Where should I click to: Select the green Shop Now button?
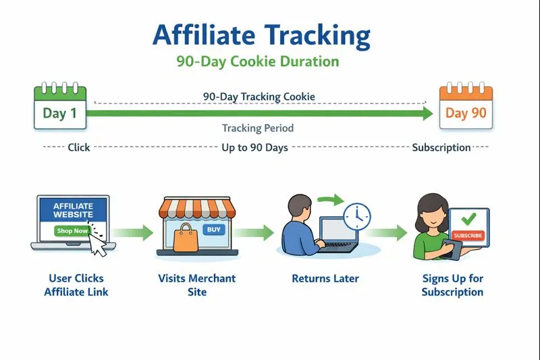72,231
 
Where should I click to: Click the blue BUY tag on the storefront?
213,230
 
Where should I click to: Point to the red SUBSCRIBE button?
468,235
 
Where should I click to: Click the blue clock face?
356,216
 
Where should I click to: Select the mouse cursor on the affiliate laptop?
99,245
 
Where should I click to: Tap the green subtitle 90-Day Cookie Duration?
258,61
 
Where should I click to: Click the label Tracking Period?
258,128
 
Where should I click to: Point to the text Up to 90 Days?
255,147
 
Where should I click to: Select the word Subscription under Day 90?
441,147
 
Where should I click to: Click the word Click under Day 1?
79,147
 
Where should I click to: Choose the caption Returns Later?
325,278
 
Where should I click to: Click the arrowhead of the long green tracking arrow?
427,113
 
